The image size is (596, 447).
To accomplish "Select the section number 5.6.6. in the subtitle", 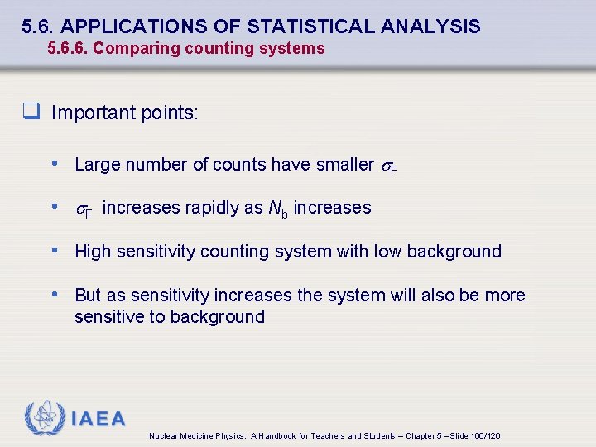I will [x=68, y=48].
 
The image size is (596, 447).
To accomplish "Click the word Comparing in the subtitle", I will [x=129, y=48].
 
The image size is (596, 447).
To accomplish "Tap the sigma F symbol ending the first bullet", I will [x=389, y=166].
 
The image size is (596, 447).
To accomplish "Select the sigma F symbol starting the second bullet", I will [x=84, y=209].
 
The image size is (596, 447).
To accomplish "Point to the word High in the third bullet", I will [x=92, y=252].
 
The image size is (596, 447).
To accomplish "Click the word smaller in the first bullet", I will [x=344, y=165].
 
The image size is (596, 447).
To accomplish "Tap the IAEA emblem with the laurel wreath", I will [x=43, y=418].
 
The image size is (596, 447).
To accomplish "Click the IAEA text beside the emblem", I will [x=98, y=419].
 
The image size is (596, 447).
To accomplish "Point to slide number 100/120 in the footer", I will [x=485, y=436].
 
